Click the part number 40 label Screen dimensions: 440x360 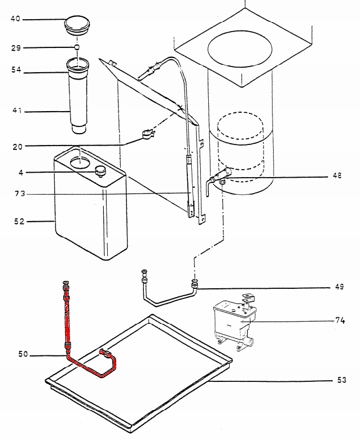tap(15, 19)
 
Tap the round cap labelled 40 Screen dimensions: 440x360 tap(77, 25)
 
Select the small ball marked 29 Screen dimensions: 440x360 tap(77, 47)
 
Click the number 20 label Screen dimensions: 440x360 tap(15, 147)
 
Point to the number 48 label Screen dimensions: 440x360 tap(337, 175)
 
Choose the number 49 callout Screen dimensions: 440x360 tap(339, 287)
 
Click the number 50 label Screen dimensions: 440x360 tap(21, 354)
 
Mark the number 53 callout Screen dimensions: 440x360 tap(341, 380)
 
